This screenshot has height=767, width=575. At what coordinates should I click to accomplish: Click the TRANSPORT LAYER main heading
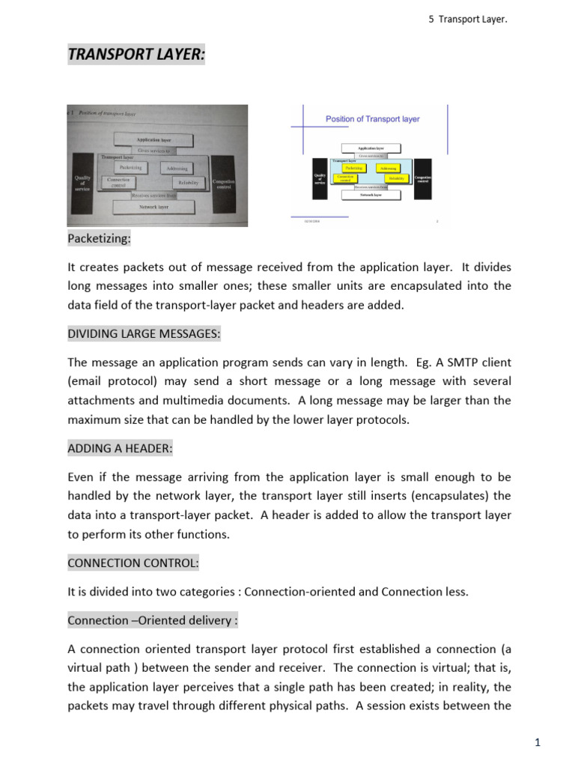click(136, 54)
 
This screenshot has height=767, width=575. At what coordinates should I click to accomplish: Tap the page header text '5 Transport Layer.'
click(467, 19)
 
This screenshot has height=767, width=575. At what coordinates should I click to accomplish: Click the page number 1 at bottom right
click(538, 743)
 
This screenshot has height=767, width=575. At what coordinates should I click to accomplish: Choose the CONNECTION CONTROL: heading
click(133, 562)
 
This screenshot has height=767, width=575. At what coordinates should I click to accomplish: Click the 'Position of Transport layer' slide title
click(372, 119)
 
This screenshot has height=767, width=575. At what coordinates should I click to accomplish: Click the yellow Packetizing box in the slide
click(354, 169)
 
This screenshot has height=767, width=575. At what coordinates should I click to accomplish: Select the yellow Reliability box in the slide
click(397, 178)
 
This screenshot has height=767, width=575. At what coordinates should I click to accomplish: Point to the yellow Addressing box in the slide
click(388, 169)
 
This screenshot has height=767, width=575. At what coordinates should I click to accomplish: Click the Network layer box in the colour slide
click(370, 195)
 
